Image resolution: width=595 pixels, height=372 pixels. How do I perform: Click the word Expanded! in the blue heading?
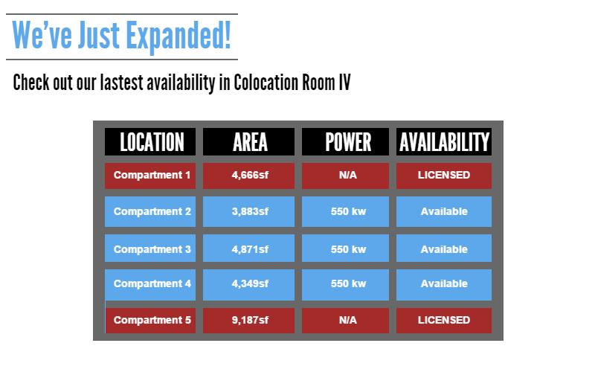pyautogui.click(x=178, y=36)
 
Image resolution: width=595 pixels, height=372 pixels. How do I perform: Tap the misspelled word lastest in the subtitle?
pyautogui.click(x=121, y=83)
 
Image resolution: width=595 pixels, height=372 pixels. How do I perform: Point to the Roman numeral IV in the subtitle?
pyautogui.click(x=344, y=83)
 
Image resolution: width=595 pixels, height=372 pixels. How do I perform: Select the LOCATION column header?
pyautogui.click(x=150, y=141)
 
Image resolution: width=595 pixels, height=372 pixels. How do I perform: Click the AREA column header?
pyautogui.click(x=248, y=141)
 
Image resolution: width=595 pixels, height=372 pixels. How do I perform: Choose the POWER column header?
pyautogui.click(x=345, y=141)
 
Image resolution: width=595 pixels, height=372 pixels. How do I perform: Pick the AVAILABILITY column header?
pyautogui.click(x=444, y=141)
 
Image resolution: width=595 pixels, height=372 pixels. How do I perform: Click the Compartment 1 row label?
pyautogui.click(x=150, y=176)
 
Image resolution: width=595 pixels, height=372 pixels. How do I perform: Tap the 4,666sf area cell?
pyautogui.click(x=248, y=176)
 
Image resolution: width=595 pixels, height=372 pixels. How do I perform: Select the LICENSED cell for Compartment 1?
pyautogui.click(x=444, y=176)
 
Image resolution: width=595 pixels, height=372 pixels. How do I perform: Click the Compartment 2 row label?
pyautogui.click(x=150, y=212)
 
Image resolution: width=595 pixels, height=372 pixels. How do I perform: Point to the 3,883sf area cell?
pyautogui.click(x=248, y=212)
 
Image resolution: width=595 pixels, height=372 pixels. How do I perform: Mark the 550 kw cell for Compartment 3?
pyautogui.click(x=345, y=248)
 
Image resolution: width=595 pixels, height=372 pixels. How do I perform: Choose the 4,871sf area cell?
pyautogui.click(x=248, y=248)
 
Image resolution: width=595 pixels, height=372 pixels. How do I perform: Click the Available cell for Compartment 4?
pyautogui.click(x=444, y=285)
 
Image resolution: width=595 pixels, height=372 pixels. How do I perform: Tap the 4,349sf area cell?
pyautogui.click(x=248, y=285)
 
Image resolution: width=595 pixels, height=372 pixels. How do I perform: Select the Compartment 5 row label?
pyautogui.click(x=150, y=321)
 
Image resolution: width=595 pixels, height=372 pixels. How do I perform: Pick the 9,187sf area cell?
pyautogui.click(x=248, y=321)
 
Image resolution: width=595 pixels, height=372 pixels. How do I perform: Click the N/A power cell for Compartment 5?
pyautogui.click(x=345, y=321)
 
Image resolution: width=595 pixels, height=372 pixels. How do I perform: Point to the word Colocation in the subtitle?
pyautogui.click(x=266, y=83)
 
